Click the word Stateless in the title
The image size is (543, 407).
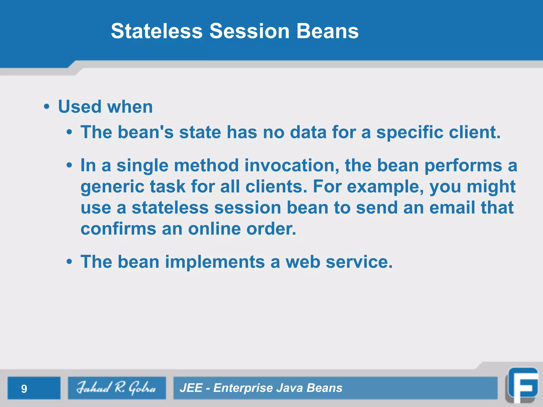coord(157,31)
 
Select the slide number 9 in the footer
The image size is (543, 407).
coord(24,389)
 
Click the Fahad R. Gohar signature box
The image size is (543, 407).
coord(117,388)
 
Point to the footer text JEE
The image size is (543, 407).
coord(191,388)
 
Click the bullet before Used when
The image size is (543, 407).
coord(47,107)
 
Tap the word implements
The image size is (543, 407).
coord(215,262)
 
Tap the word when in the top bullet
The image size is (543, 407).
coord(130,107)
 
